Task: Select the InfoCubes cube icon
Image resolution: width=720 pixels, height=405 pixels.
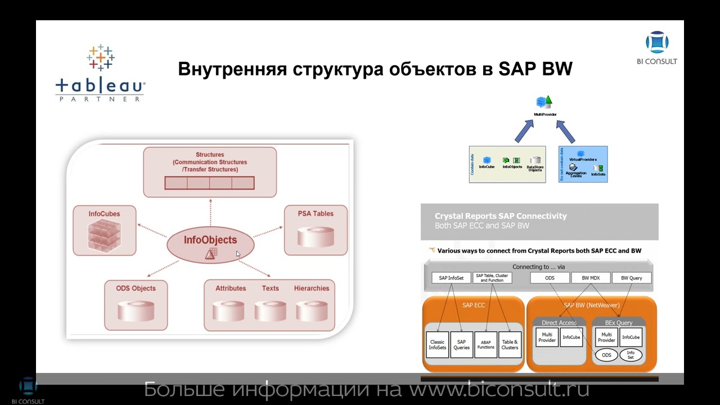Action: [105, 235]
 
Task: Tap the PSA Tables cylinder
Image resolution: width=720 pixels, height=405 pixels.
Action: [316, 236]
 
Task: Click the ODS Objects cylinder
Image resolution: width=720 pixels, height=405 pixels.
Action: [136, 310]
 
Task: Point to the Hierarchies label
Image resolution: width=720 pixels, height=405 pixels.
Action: [311, 288]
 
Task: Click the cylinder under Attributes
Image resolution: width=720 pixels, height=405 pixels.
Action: [228, 311]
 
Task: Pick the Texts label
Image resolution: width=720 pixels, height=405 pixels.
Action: [270, 288]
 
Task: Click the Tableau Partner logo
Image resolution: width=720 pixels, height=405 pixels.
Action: [100, 73]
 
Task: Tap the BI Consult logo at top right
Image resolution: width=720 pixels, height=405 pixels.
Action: [657, 47]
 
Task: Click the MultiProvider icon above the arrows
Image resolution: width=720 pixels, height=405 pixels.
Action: [544, 103]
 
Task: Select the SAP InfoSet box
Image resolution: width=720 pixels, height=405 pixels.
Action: [451, 278]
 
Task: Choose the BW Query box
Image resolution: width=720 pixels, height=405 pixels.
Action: [631, 278]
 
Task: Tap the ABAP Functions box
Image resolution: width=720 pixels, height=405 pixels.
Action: [485, 344]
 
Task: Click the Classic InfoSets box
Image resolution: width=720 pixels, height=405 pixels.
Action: [437, 344]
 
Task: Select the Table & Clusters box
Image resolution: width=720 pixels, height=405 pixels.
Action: [510, 344]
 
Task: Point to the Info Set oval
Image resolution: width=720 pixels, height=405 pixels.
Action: [631, 355]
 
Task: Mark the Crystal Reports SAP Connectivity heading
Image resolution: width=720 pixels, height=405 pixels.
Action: [501, 216]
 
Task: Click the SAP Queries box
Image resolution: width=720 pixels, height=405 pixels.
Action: [461, 344]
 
